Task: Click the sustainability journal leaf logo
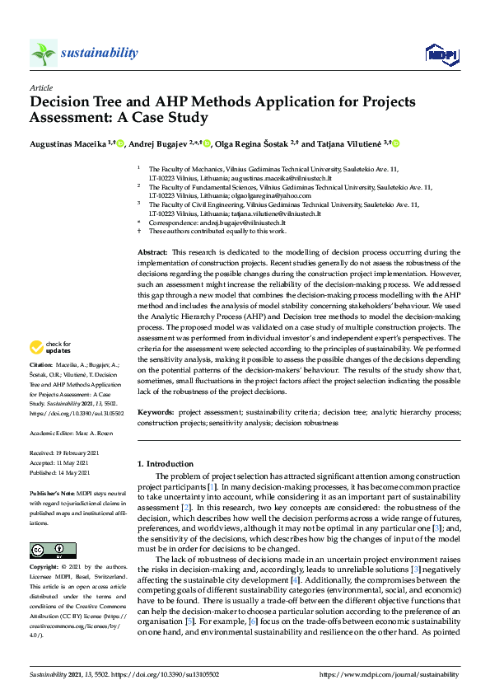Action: pyautogui.click(x=43, y=53)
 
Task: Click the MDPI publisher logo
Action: pyautogui.click(x=441, y=54)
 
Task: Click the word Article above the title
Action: pyautogui.click(x=40, y=87)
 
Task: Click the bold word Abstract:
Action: pyautogui.click(x=152, y=251)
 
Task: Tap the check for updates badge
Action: pyautogui.click(x=52, y=347)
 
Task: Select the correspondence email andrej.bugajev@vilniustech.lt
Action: pyautogui.click(x=239, y=223)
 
